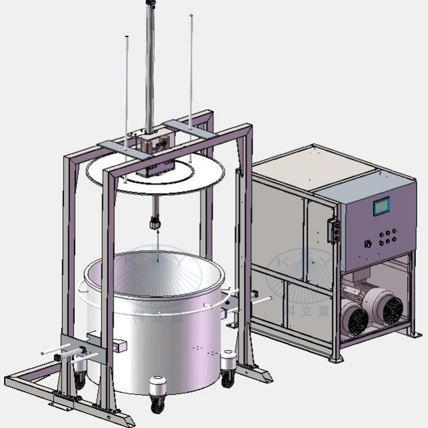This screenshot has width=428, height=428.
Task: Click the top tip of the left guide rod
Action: click(x=126, y=37)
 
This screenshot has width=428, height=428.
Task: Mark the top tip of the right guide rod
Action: click(x=191, y=17)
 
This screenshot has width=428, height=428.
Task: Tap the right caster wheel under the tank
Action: click(x=228, y=378)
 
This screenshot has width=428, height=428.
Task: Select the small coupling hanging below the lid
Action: click(x=155, y=222)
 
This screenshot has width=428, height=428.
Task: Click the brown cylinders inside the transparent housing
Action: click(x=148, y=146)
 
